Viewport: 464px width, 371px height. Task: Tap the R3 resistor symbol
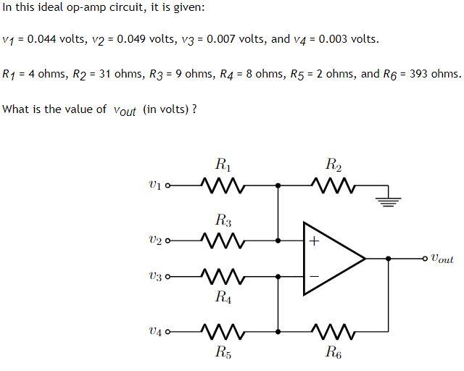point(224,239)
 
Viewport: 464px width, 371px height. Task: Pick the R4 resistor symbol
point(224,277)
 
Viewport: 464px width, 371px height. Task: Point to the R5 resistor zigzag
point(224,332)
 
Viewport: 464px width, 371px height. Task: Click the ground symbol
point(389,199)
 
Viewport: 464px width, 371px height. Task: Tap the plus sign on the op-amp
point(314,241)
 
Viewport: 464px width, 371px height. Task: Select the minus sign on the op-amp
point(314,276)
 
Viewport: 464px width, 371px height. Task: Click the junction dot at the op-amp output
point(389,258)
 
